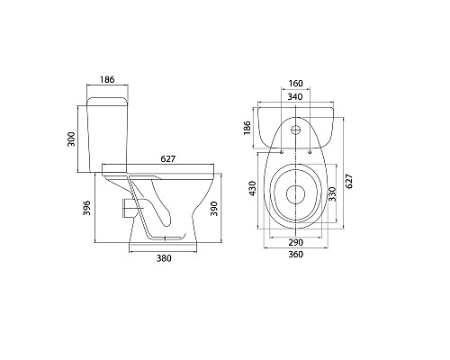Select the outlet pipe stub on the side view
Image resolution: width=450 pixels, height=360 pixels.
coord(124,208)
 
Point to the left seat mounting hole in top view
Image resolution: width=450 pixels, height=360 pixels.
coord(280,150)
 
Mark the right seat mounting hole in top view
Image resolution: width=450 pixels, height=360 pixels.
coord(308,150)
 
